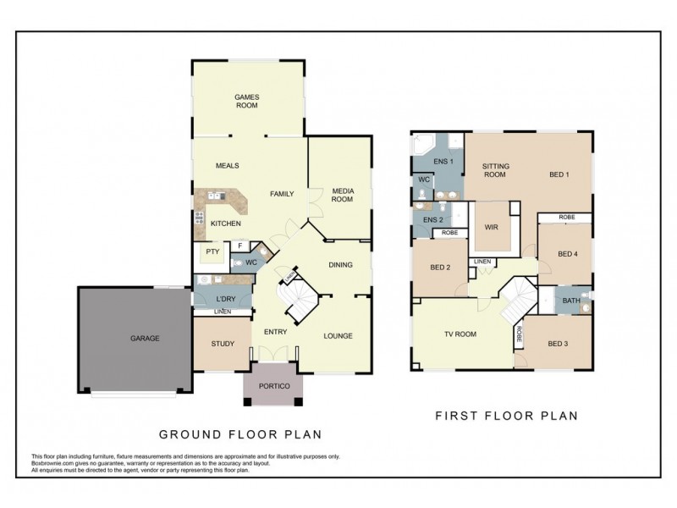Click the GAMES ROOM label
(246, 102)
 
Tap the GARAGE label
(145, 338)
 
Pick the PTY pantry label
(212, 251)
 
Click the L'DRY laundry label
(224, 300)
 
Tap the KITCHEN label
(226, 224)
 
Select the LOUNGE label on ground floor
(338, 336)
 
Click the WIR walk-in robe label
(491, 227)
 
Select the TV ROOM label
(461, 334)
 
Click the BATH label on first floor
(571, 300)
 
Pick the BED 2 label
(440, 268)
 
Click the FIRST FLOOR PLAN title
(506, 416)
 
